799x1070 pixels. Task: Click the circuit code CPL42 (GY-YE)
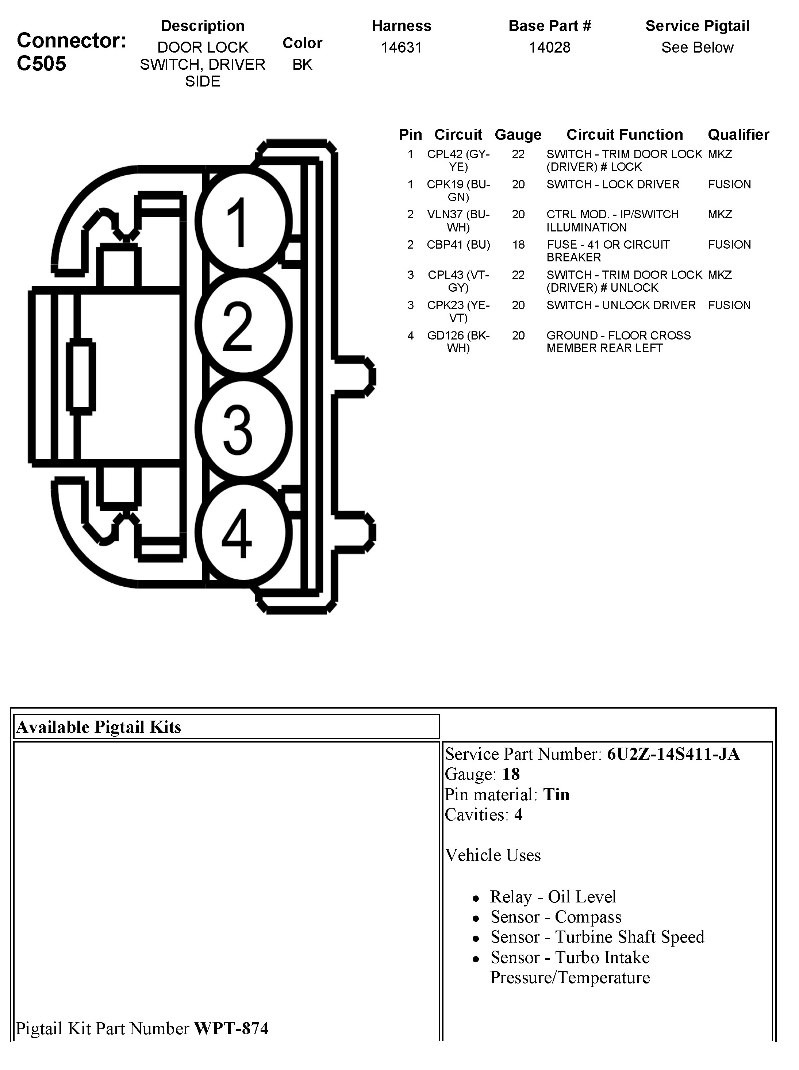click(458, 160)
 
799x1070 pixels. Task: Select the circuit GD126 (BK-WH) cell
click(458, 341)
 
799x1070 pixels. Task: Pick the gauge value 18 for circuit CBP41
click(518, 245)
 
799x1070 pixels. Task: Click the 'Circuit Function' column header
click(625, 134)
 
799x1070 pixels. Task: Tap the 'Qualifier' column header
click(738, 134)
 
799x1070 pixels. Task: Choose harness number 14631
click(402, 47)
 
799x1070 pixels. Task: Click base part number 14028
click(549, 47)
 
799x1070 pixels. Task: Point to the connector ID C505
click(42, 64)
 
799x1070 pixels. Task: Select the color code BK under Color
click(302, 64)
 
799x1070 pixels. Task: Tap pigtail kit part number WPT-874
click(231, 1028)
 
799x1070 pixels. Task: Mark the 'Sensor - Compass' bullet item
click(556, 917)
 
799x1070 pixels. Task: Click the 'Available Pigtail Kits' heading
click(99, 727)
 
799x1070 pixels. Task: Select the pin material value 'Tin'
click(556, 794)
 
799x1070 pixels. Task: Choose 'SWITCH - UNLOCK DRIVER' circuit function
click(621, 305)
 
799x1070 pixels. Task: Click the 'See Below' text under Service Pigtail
click(697, 47)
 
